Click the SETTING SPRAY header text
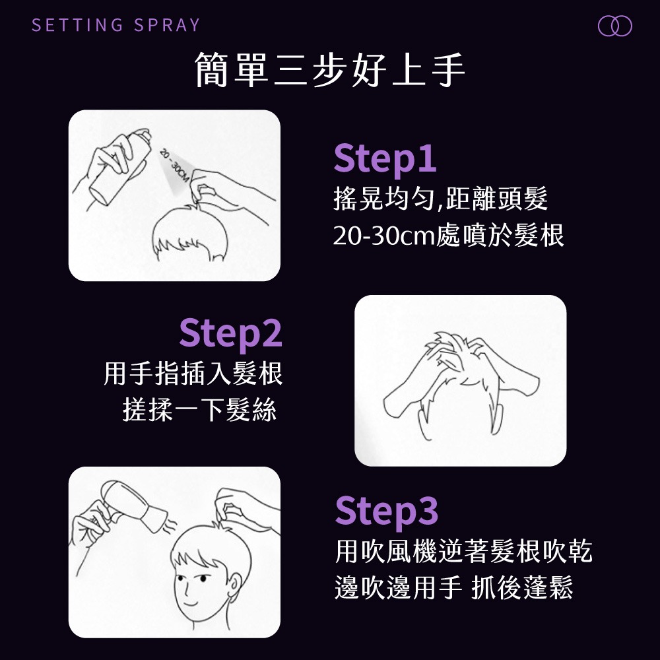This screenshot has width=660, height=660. pos(115,25)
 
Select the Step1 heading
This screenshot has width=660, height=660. pos(385,158)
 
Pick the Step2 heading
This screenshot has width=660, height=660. pos(230,333)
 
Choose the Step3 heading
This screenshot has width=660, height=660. pos(386,511)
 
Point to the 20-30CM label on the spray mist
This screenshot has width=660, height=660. pos(174,166)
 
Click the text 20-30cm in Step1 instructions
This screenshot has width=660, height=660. pos(383,236)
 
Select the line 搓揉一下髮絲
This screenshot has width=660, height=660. pos(199,410)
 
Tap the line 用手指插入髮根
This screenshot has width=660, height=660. pos(193,374)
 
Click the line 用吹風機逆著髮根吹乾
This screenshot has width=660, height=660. pos(464,550)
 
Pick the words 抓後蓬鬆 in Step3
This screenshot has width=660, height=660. pos(522,587)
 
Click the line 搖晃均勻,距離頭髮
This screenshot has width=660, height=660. pos(440,198)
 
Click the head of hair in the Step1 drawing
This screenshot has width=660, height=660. pos(189,232)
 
